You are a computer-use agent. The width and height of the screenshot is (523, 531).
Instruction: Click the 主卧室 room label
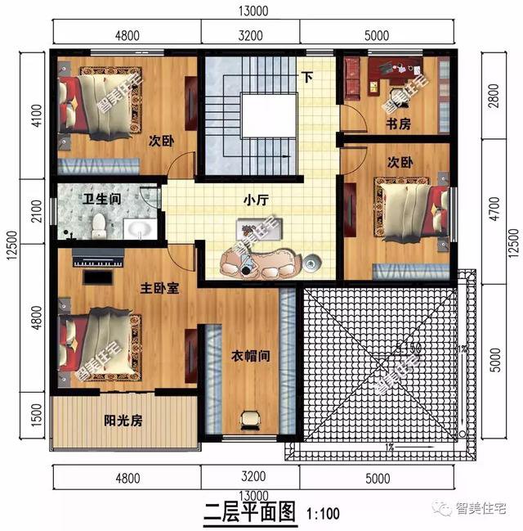click(x=160, y=289)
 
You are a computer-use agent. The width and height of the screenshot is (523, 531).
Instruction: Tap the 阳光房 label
click(x=123, y=421)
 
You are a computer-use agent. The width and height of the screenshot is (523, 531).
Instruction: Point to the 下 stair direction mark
click(x=307, y=79)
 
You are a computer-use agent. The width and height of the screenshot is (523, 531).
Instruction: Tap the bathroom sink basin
click(x=136, y=227)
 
